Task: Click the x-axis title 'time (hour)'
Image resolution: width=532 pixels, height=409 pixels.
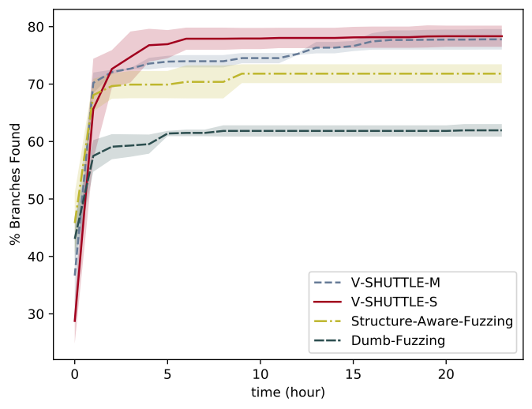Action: pos(288,392)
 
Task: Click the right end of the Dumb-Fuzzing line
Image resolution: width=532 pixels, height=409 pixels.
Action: pos(501,130)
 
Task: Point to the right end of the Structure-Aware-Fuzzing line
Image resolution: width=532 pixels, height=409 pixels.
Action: pos(501,73)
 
